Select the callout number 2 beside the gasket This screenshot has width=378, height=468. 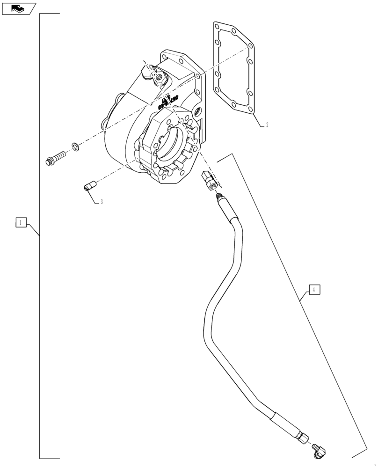(267, 125)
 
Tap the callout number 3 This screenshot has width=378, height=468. (102, 202)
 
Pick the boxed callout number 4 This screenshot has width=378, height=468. (314, 290)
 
